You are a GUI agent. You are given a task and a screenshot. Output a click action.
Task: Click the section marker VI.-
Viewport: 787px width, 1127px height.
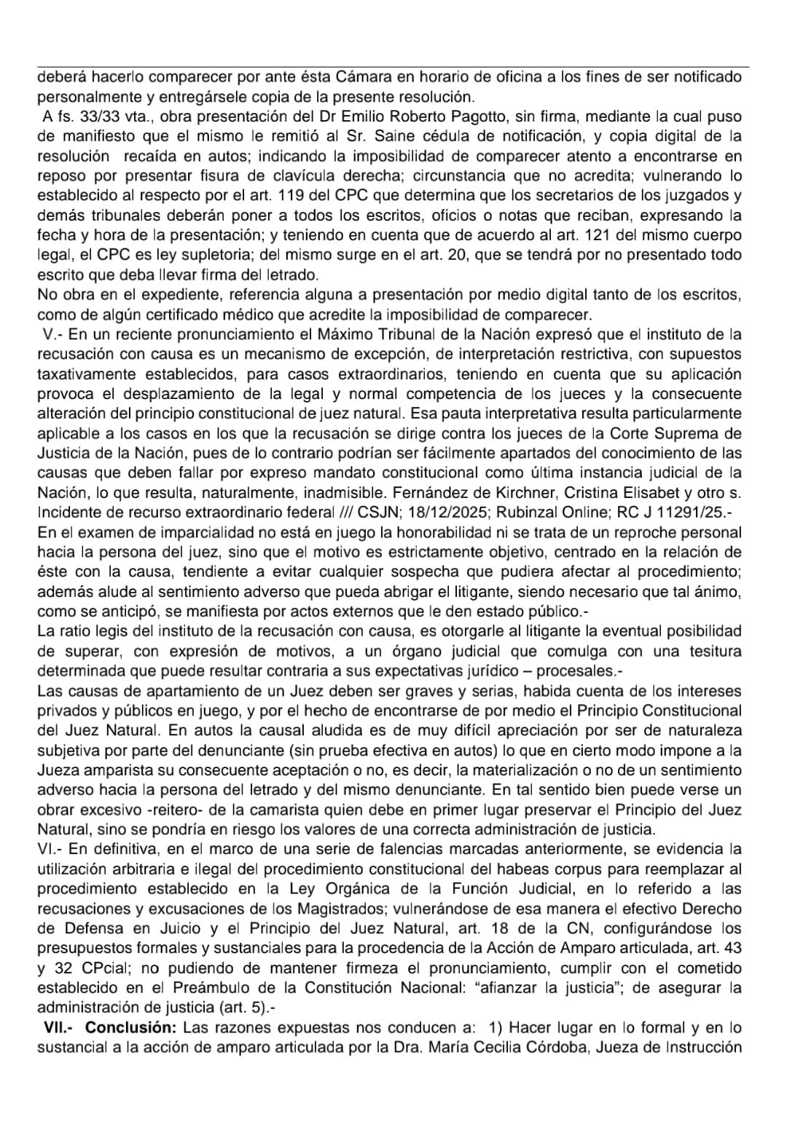[52, 849]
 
